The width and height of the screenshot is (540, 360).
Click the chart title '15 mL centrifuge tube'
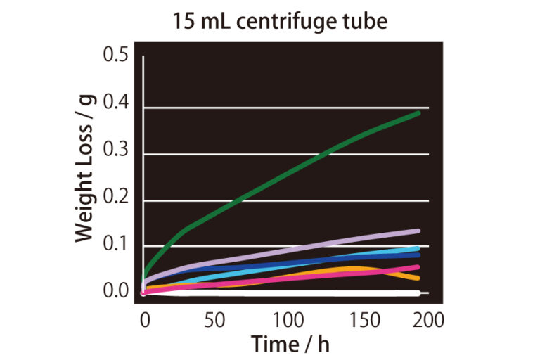pyautogui.click(x=281, y=20)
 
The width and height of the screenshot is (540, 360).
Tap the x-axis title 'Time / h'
pyautogui.click(x=290, y=345)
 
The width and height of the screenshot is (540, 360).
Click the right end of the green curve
pyautogui.click(x=418, y=112)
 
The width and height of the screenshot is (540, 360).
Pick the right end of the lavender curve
pyautogui.click(x=418, y=231)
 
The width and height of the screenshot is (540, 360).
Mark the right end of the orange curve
pyautogui.click(x=418, y=278)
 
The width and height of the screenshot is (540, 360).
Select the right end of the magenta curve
pyautogui.click(x=418, y=266)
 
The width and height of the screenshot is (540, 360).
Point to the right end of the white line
pyautogui.click(x=426, y=293)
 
